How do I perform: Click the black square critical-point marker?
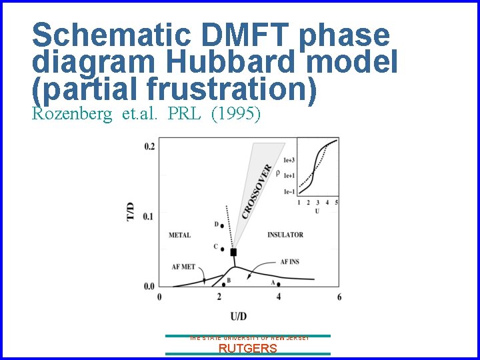coord(233,252)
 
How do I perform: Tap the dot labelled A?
coord(278,285)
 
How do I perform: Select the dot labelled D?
coord(221,225)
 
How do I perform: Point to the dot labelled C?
coord(221,249)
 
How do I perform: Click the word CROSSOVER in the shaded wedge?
coord(256,191)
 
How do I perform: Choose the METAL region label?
coord(179,235)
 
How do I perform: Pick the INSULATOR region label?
coord(285,235)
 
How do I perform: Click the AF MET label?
coord(183,267)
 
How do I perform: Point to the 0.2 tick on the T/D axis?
coord(149,146)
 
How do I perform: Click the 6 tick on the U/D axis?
coord(339,297)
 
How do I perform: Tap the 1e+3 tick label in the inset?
coord(289,161)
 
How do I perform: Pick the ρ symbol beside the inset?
coord(277,173)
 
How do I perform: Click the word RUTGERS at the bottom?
coord(248,349)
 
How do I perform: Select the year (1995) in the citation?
coord(235,113)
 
